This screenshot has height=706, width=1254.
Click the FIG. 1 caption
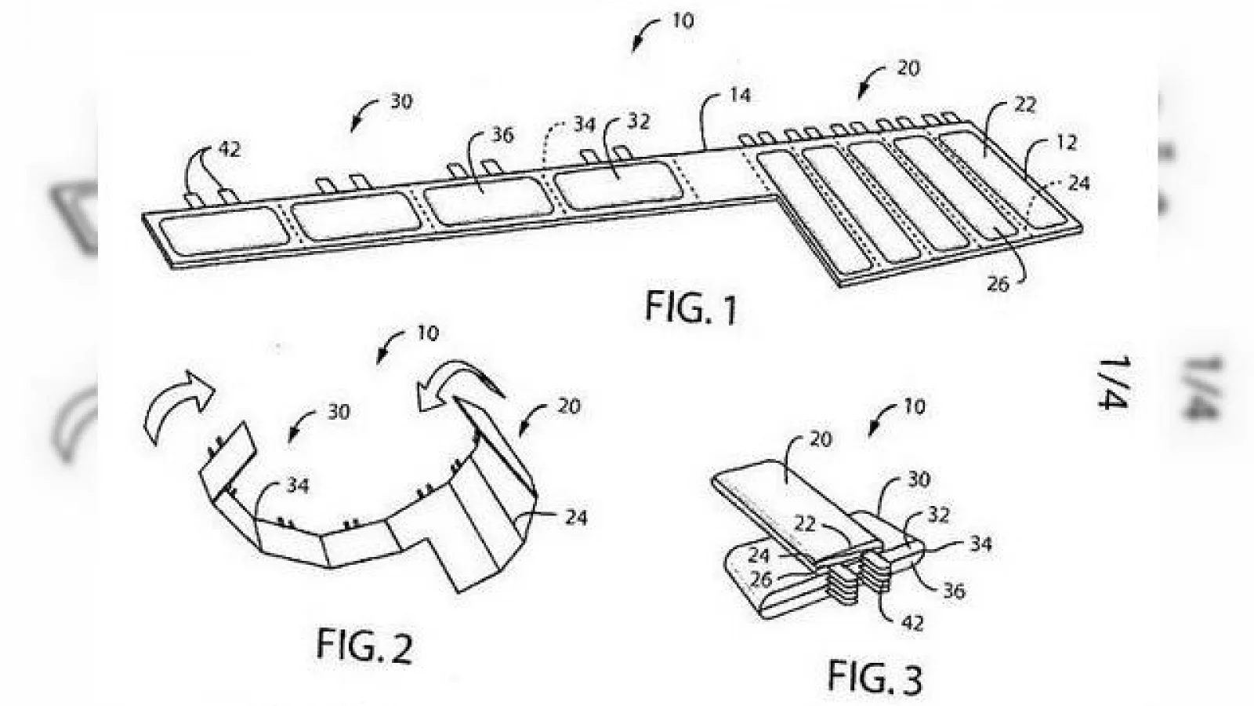pos(691,308)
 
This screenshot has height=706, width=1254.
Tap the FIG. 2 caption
pos(364,645)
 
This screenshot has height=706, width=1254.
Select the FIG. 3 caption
pos(875,677)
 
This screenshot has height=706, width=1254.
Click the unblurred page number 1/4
pos(1112,383)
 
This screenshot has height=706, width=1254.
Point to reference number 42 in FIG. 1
pos(230,150)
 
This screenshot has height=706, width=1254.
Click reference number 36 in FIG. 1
pos(502,136)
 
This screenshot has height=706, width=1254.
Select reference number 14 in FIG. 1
pos(740,95)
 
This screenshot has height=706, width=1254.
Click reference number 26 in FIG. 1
pos(998,285)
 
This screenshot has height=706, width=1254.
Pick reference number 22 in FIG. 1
pos(1025,105)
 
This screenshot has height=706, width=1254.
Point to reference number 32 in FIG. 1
pos(638,121)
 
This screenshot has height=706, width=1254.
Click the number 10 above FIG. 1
pos(683,21)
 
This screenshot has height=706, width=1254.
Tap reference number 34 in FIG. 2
pos(297,486)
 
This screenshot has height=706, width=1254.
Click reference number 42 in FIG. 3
pos(912,623)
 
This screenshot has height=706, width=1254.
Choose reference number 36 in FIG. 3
pos(954,591)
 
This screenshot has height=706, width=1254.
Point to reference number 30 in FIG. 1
pos(401,102)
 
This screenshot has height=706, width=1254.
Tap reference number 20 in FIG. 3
pos(821,439)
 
